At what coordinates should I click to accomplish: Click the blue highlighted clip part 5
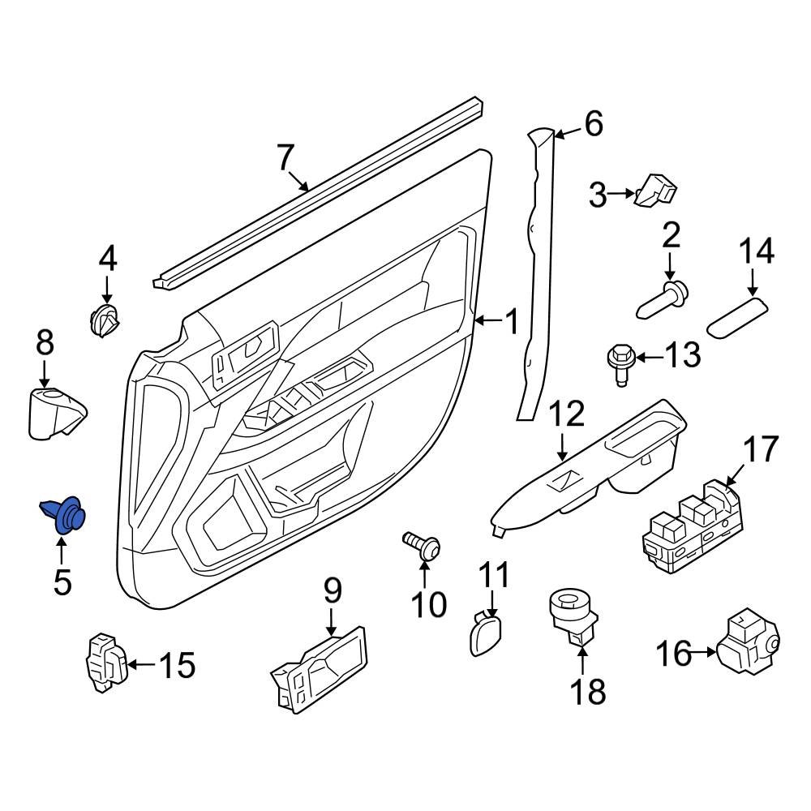click(65, 513)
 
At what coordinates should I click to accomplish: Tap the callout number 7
click(283, 158)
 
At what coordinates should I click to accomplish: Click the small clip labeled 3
click(657, 191)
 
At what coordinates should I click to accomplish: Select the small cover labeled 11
click(485, 632)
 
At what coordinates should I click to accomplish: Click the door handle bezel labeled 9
click(320, 670)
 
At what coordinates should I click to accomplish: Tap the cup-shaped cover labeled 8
click(54, 413)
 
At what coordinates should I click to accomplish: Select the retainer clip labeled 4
click(103, 320)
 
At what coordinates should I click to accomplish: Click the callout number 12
click(567, 414)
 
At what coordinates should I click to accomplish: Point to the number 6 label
click(593, 124)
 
